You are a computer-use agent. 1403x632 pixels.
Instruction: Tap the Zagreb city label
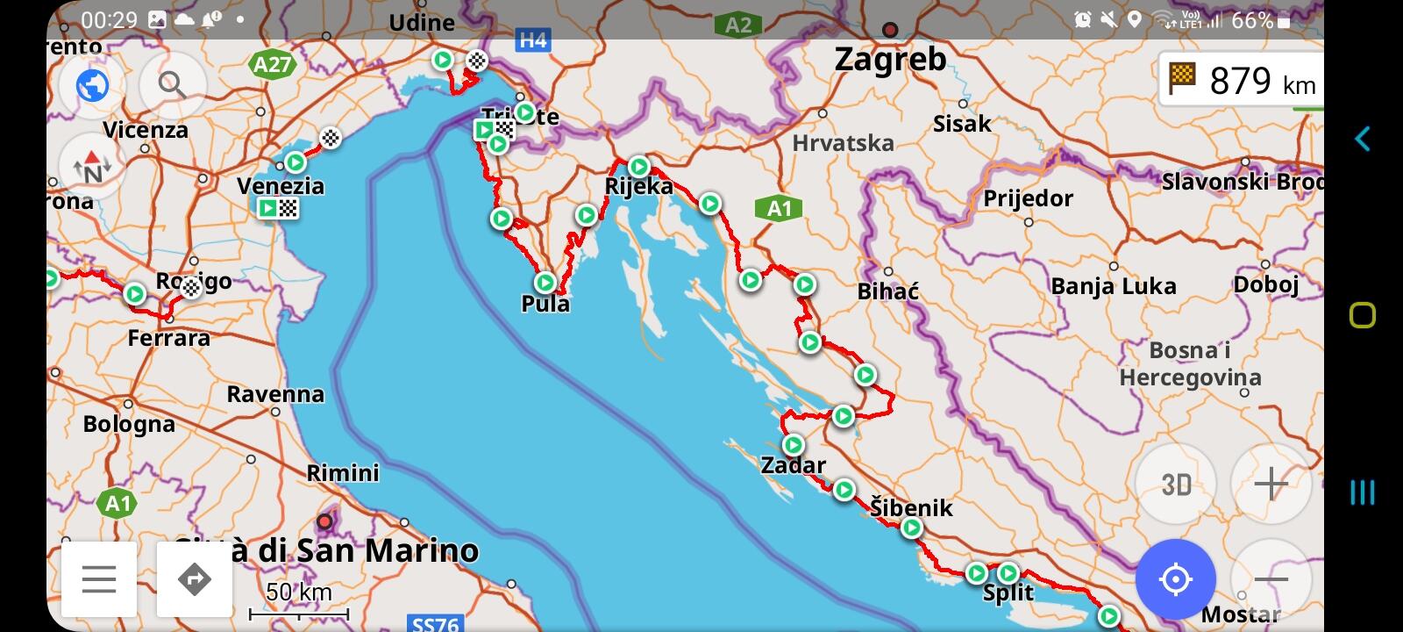click(x=890, y=60)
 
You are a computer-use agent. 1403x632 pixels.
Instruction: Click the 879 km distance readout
click(x=1243, y=81)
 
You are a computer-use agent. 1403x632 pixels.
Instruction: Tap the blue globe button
click(x=92, y=85)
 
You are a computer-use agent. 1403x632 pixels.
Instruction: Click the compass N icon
click(x=92, y=167)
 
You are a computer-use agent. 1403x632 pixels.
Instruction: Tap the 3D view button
click(x=1175, y=484)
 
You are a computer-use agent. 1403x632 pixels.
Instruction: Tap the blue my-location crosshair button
click(x=1175, y=579)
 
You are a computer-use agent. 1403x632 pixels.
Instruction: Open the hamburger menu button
click(x=99, y=579)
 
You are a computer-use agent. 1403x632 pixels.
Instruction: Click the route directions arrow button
click(x=195, y=579)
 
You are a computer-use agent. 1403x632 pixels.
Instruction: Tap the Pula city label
click(x=545, y=304)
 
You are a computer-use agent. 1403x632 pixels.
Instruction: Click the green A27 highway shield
click(x=272, y=64)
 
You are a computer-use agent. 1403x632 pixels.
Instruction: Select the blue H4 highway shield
click(x=533, y=39)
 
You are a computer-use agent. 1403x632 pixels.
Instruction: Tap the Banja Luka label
click(x=1114, y=286)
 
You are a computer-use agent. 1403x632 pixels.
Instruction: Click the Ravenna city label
click(x=275, y=394)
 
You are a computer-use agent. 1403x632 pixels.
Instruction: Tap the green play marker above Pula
click(x=545, y=282)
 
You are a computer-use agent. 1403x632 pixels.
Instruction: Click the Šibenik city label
click(x=911, y=507)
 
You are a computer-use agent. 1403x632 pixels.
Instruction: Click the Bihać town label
click(x=887, y=291)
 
